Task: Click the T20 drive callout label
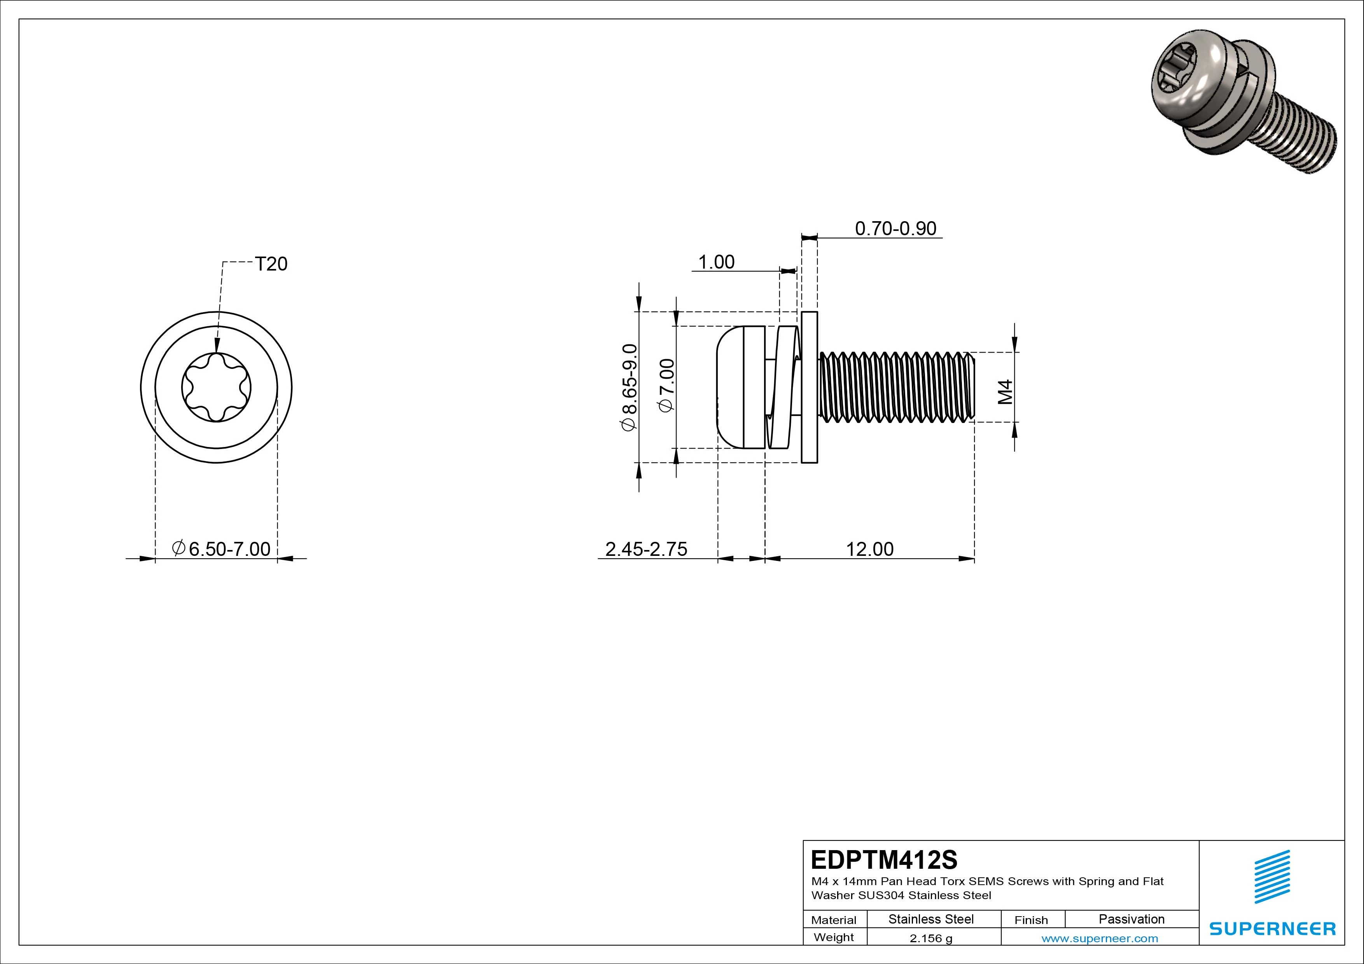click(271, 264)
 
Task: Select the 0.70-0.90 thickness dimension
click(895, 229)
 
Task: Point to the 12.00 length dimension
click(869, 549)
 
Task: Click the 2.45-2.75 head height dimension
click(646, 549)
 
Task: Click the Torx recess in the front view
click(216, 387)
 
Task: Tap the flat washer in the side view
click(809, 387)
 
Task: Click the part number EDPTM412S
click(883, 859)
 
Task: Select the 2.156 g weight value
click(931, 938)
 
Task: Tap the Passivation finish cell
click(1131, 919)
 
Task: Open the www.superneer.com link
click(1100, 938)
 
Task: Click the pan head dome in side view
click(729, 387)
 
